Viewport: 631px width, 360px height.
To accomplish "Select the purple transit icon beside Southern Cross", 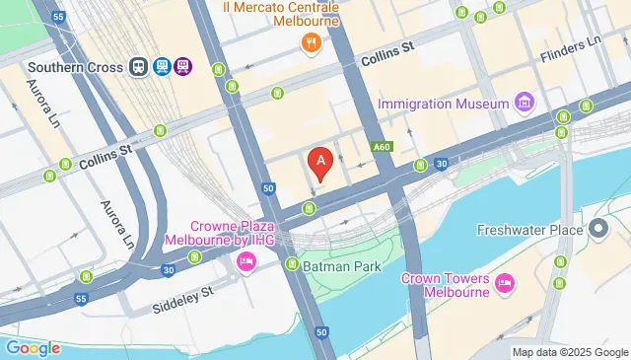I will [183, 67].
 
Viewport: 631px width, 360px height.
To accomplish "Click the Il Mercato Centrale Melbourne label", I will [282, 15].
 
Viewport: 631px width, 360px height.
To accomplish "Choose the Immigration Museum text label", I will [444, 103].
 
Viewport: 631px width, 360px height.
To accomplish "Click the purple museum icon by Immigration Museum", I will [524, 103].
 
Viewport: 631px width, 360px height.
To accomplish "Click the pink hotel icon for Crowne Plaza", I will [245, 262].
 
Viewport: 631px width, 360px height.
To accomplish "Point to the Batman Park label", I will [341, 264].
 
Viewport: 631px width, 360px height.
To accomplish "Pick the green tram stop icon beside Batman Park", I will [293, 264].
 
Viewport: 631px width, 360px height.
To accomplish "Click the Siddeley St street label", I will [182, 297].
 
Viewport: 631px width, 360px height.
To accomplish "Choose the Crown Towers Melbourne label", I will [446, 285].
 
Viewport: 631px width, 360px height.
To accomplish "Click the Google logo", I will [33, 347].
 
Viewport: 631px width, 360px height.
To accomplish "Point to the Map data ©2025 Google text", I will [570, 352].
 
